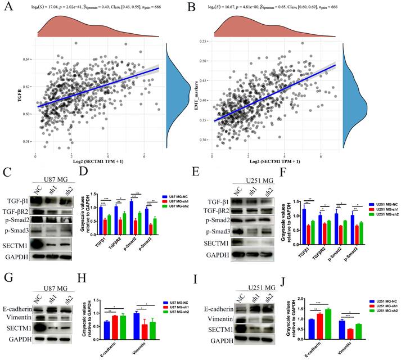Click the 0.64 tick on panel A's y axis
26,58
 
